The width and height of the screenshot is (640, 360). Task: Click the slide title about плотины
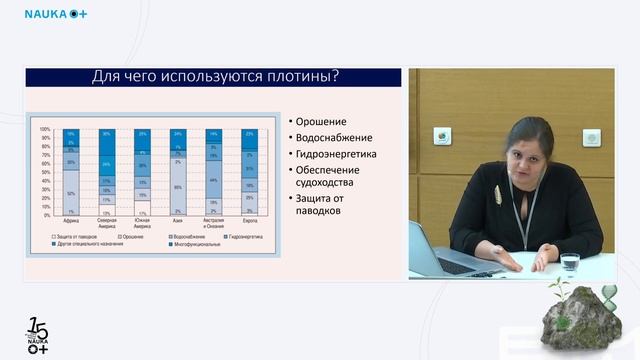pyautogui.click(x=214, y=76)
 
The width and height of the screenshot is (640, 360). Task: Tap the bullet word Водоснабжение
pyautogui.click(x=333, y=137)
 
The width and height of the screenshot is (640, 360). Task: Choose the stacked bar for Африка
pyautogui.click(x=70, y=172)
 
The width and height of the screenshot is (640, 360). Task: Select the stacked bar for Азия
pyautogui.click(x=177, y=172)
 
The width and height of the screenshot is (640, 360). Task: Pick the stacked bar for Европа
pyautogui.click(x=248, y=172)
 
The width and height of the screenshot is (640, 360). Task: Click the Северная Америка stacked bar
pyautogui.click(x=106, y=172)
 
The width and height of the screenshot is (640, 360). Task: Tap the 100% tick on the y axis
pyautogui.click(x=44, y=129)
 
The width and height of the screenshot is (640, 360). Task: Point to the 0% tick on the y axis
pyautogui.click(x=46, y=215)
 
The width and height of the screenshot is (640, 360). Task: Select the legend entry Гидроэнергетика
pyautogui.click(x=246, y=236)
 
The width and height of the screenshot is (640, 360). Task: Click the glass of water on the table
pyautogui.click(x=569, y=263)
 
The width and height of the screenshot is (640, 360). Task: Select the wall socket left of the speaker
pyautogui.click(x=440, y=136)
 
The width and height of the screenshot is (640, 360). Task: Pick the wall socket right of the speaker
pyautogui.click(x=591, y=137)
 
